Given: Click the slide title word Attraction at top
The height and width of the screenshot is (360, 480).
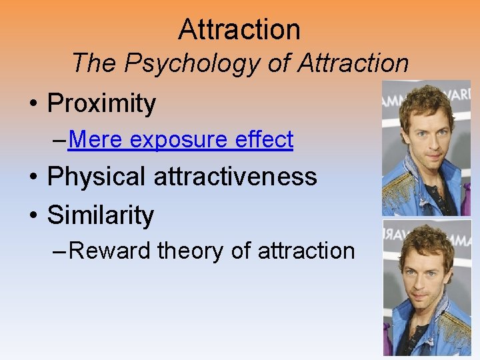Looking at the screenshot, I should coord(239,29).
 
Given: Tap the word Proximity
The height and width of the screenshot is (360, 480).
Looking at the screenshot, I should coord(101,103).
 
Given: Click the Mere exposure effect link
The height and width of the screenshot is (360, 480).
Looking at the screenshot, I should coord(180,140).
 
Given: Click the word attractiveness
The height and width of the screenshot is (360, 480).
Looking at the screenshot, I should coord(235,177).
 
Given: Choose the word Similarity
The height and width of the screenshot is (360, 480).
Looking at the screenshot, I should coord(101,215).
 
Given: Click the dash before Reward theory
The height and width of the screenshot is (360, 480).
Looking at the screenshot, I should coord(59,251).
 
